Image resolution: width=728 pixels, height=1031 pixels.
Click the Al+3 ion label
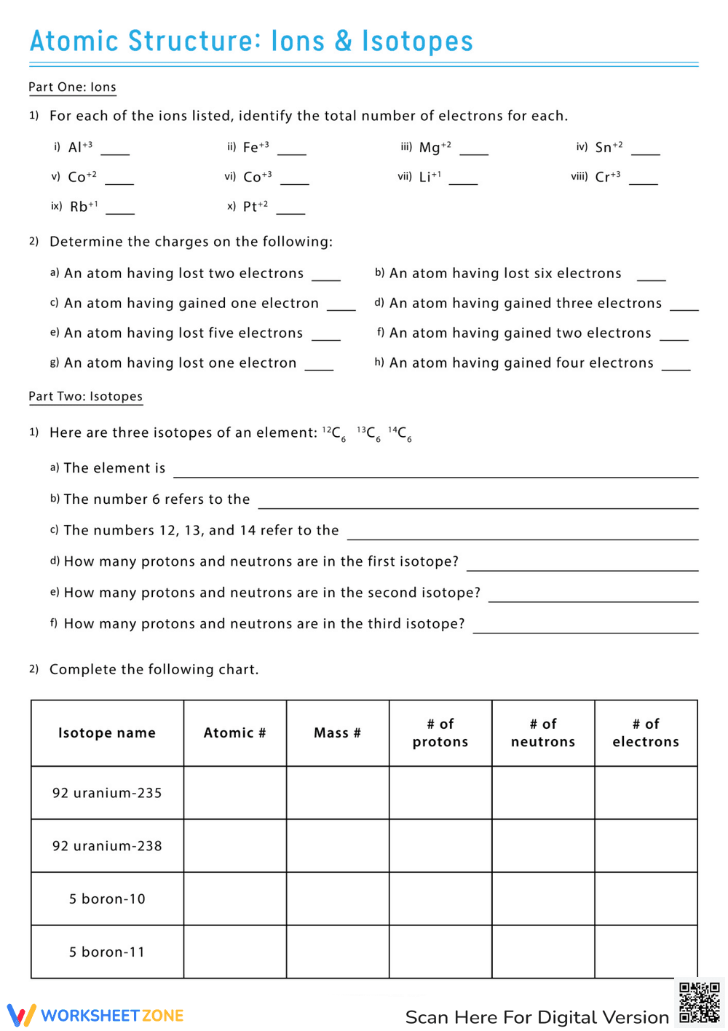(80, 147)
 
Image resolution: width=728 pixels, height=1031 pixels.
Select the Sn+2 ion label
(609, 147)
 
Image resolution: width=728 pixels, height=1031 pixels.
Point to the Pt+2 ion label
(256, 207)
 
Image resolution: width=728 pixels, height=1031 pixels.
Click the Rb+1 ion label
(84, 207)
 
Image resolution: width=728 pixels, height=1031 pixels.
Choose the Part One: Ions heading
(72, 87)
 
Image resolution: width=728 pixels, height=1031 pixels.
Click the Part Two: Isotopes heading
(85, 397)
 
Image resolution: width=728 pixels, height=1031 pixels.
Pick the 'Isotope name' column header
(107, 733)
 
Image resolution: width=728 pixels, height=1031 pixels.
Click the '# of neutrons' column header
(543, 733)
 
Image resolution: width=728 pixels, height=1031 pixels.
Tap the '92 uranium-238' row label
(107, 846)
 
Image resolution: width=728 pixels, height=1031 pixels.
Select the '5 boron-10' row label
(107, 899)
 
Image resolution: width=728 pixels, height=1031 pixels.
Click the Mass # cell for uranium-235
(338, 793)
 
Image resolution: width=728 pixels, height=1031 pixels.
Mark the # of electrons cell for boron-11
(646, 952)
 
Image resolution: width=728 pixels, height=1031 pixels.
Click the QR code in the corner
(699, 1003)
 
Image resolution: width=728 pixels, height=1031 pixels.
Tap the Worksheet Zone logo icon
(21, 1015)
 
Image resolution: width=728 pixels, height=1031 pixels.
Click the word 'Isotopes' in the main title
(417, 42)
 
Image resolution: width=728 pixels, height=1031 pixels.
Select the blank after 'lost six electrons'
(651, 276)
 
